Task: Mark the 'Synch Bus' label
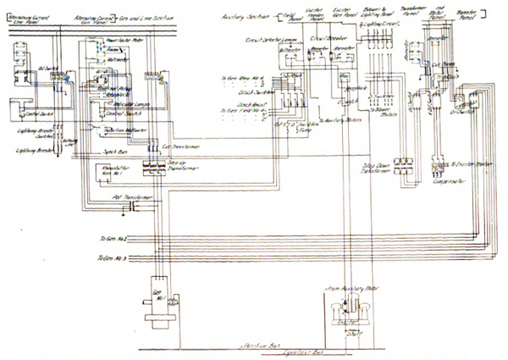coord(116,152)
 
